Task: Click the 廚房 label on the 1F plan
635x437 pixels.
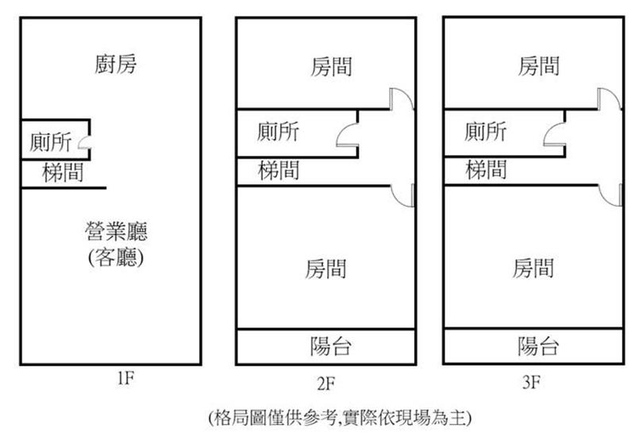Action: point(116,64)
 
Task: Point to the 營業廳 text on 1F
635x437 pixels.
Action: point(117,232)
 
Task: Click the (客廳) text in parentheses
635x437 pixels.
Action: point(117,258)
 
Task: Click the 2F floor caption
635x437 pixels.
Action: point(325,385)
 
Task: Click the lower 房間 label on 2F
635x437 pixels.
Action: point(325,269)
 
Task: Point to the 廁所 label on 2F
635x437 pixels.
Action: point(279,130)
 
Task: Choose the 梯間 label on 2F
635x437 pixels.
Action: point(279,170)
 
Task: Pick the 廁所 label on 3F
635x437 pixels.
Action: point(486,130)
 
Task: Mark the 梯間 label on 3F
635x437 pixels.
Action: point(486,169)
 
